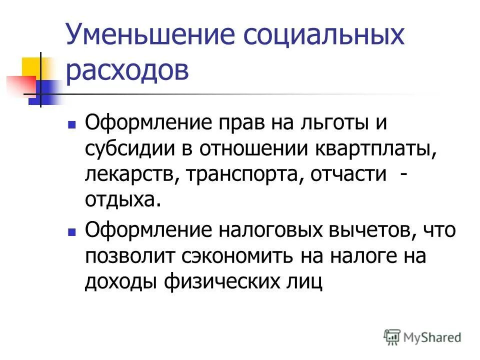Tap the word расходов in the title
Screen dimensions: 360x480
point(127,71)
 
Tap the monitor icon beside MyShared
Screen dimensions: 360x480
point(392,337)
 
